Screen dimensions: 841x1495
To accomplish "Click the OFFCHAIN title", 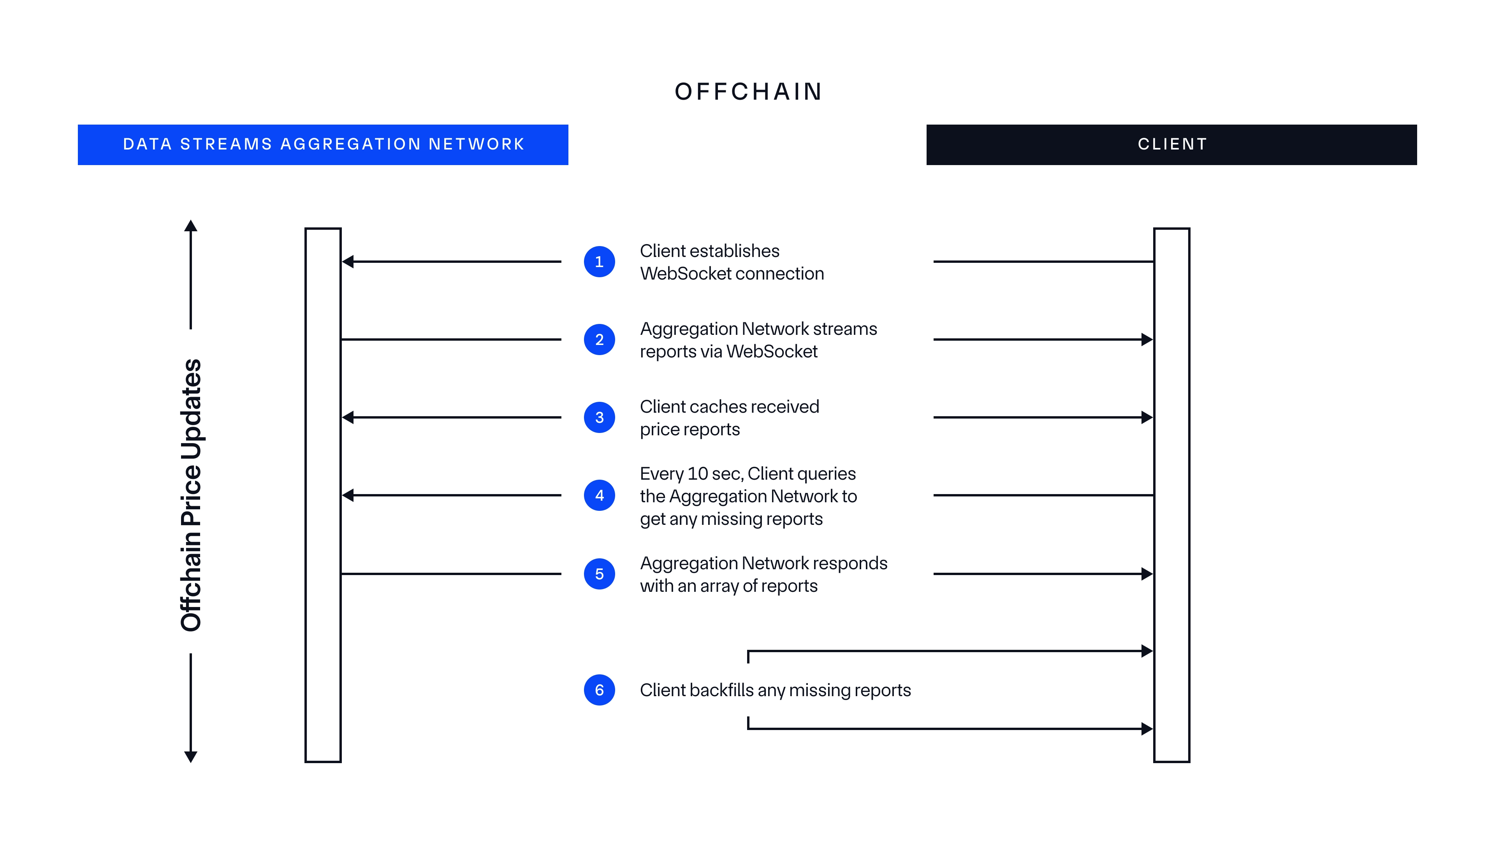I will click(748, 92).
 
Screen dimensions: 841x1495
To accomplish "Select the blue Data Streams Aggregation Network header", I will click(323, 144).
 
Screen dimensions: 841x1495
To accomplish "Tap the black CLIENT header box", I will click(1171, 144).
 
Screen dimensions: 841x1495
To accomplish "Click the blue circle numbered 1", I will click(599, 262).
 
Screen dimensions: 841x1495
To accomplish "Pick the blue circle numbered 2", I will click(599, 340).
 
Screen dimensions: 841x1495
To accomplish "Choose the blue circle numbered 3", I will click(599, 417).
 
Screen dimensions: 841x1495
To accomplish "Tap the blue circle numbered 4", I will click(599, 495).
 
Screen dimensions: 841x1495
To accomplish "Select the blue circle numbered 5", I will click(599, 574).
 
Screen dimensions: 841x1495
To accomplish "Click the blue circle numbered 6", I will click(599, 690).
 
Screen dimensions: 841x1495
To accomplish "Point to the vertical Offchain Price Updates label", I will click(191, 495).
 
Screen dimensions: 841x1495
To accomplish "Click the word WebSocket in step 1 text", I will click(685, 273).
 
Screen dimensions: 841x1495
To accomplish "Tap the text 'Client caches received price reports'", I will click(729, 418).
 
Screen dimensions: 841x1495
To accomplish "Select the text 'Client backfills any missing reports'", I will click(775, 690).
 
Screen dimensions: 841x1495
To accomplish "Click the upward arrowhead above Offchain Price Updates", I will click(191, 226).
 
